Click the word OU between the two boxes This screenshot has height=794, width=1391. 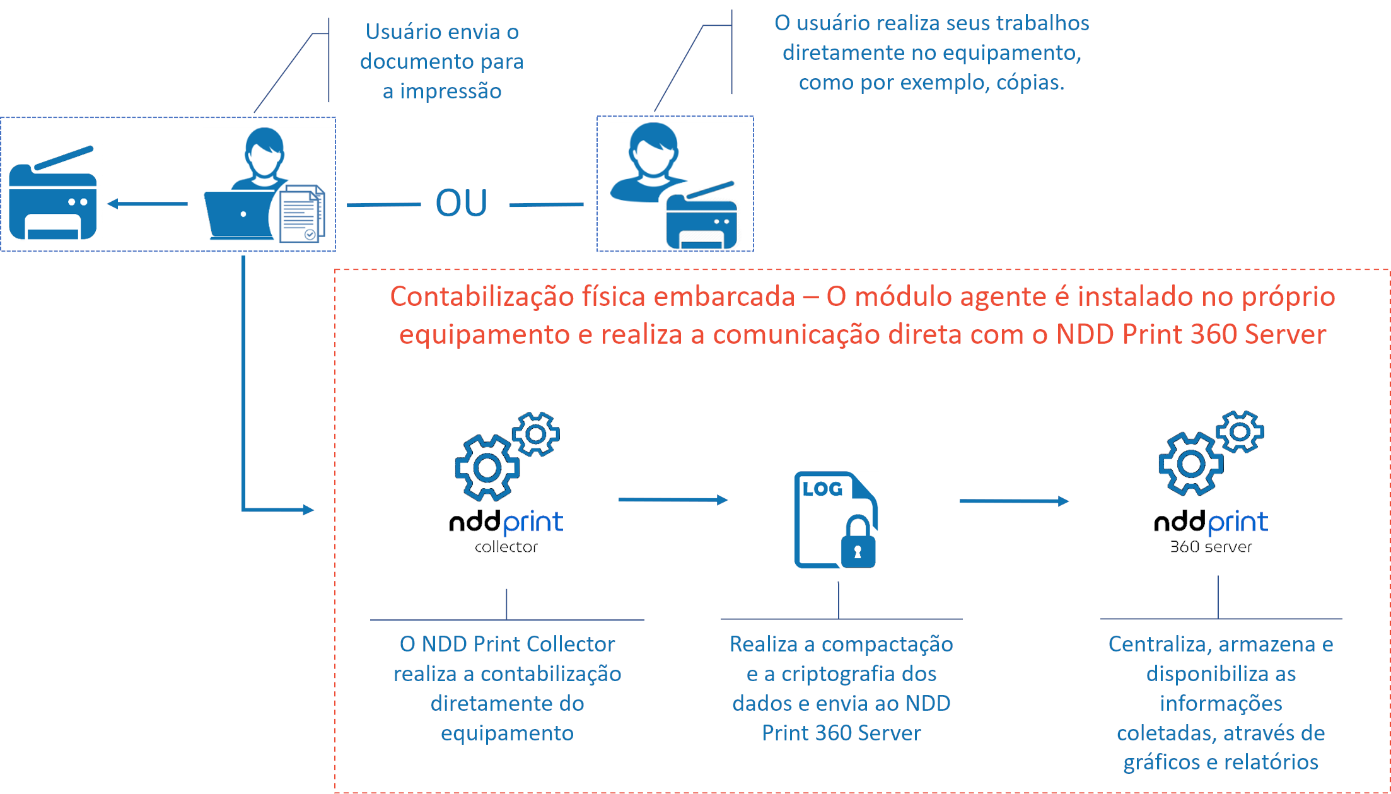(x=462, y=203)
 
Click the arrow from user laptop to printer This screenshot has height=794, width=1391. (x=148, y=204)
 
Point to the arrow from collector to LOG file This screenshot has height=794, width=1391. (x=673, y=500)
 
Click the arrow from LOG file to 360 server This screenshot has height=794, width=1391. (x=1013, y=501)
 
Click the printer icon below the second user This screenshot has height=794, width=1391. (x=702, y=217)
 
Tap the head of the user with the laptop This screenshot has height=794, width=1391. (x=264, y=151)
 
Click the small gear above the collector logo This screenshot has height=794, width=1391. (x=536, y=434)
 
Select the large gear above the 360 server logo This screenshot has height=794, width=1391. (x=1190, y=464)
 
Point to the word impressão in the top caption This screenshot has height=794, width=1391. (x=450, y=91)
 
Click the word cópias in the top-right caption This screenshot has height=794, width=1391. (x=1030, y=83)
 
